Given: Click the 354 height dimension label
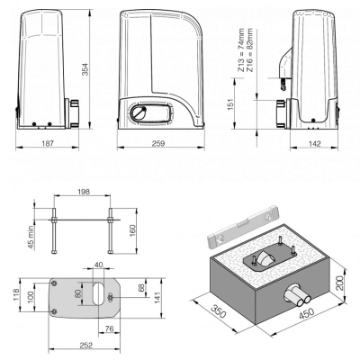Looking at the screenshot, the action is pyautogui.click(x=85, y=69).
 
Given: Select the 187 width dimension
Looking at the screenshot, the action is pyautogui.click(x=48, y=144).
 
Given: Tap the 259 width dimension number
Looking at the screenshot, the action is pyautogui.click(x=158, y=144).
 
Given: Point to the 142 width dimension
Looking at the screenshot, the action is pyautogui.click(x=314, y=144).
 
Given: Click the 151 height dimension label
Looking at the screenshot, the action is pyautogui.click(x=230, y=104).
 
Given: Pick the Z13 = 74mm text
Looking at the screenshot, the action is pyautogui.click(x=241, y=49).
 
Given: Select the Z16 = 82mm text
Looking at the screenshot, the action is pyautogui.click(x=249, y=49).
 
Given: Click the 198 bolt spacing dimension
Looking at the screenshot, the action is pyautogui.click(x=84, y=192).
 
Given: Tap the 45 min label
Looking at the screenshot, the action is pyautogui.click(x=31, y=238).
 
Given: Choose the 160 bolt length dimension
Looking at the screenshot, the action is pyautogui.click(x=132, y=230).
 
